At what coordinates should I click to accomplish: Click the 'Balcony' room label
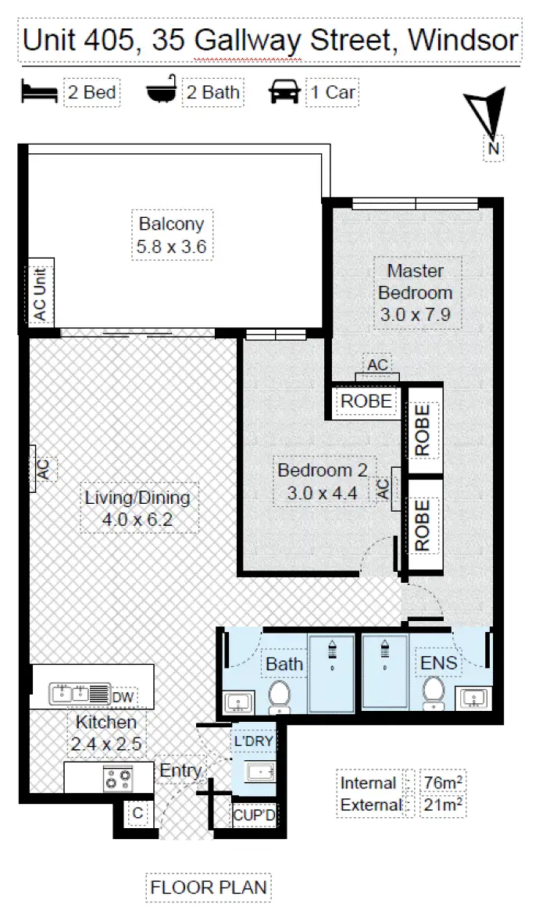point(171,224)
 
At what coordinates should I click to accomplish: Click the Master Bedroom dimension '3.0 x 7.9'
point(415,316)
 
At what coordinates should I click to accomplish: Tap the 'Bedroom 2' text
point(322,470)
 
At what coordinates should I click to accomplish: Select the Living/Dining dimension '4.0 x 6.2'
point(137,520)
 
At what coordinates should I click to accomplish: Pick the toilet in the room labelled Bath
point(279,695)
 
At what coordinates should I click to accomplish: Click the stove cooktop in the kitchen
point(119,777)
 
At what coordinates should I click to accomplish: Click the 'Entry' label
point(180,771)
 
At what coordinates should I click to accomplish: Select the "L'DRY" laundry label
point(252,740)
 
